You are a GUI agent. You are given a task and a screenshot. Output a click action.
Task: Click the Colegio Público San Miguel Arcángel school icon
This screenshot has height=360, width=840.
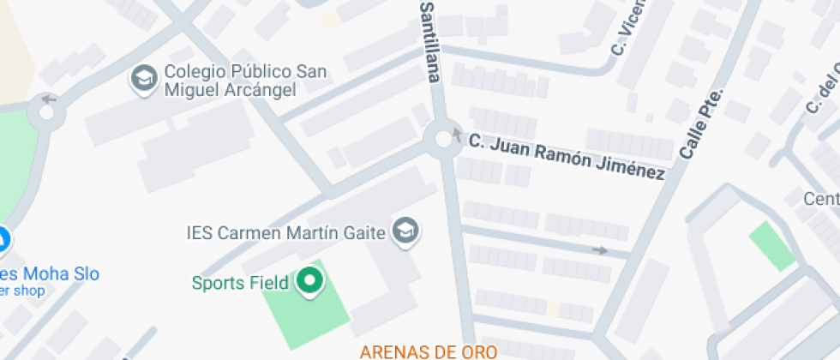coord(143,80)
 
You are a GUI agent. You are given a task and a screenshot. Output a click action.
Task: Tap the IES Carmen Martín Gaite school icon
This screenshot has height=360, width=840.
coord(405,231)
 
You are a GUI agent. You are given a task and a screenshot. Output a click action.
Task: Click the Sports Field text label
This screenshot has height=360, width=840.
coord(240,282)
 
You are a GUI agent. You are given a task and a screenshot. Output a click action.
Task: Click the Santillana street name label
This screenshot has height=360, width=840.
coord(429,41)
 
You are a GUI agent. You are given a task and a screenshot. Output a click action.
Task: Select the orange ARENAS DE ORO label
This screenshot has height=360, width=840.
coord(428,351)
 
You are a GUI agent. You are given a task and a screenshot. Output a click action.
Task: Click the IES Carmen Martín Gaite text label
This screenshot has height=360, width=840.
coord(285,232)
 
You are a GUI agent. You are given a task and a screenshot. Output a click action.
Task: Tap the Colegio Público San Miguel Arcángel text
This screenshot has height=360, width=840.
coord(230,81)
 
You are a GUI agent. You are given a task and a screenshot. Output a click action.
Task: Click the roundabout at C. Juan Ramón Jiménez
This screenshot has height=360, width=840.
coord(443,138)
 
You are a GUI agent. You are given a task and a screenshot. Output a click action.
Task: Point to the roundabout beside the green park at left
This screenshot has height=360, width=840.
coord(45,111)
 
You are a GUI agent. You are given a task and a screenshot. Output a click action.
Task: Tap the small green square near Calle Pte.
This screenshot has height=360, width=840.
coord(772,245)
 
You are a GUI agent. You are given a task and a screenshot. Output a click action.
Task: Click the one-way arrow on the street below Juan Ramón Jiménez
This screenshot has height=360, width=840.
coord(600,250)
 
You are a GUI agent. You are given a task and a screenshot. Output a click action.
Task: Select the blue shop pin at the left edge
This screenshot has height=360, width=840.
coord(3,242)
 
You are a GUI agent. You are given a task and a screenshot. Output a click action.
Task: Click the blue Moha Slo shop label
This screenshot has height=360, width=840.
coord(51,274)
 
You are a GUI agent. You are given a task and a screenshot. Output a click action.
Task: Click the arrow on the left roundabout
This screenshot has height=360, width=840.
coord(49,99)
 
